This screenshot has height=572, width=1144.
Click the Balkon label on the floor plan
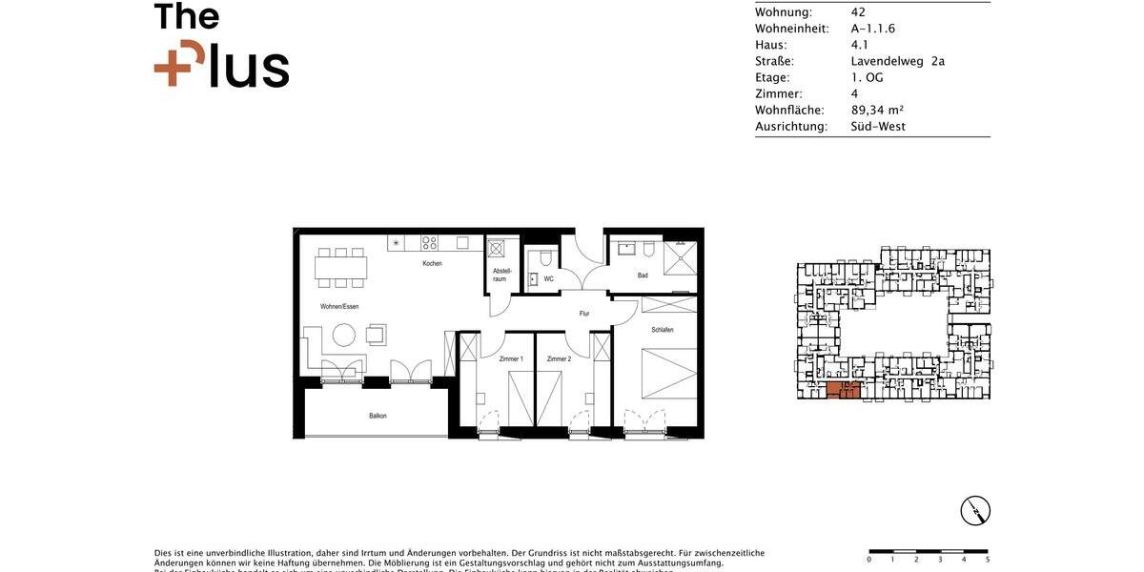coord(378,416)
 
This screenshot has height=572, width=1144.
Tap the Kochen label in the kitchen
coord(433,263)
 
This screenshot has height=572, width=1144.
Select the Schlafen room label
coord(663,330)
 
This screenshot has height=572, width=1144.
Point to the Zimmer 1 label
coord(511,358)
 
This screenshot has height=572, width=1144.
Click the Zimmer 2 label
coord(559,358)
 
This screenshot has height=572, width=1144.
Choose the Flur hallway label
coord(584,313)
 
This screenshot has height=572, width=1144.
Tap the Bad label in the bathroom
coord(643,276)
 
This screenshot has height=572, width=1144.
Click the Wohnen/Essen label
coord(339,306)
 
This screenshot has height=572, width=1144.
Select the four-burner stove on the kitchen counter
coord(430,243)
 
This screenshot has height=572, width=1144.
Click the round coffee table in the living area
coord(343,335)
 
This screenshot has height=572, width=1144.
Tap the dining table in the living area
coord(340,267)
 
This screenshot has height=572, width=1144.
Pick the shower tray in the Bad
coord(681,257)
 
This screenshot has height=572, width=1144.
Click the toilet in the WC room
coord(541,258)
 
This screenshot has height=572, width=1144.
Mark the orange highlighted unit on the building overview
coord(843,389)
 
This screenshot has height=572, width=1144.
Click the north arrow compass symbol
coord(975,511)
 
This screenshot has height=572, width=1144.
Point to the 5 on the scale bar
coord(988,560)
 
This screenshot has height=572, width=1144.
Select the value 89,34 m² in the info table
coord(877,110)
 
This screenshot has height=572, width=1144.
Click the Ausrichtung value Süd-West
coord(878,126)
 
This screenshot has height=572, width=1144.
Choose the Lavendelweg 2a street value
coord(897,61)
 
